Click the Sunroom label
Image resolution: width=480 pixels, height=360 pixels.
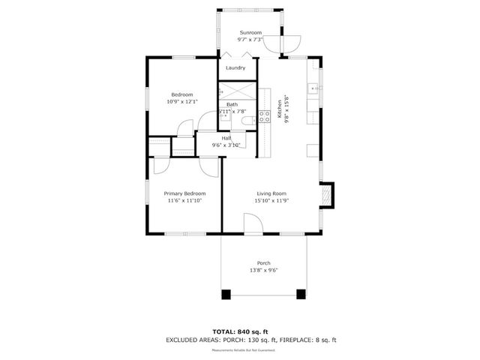(250, 33)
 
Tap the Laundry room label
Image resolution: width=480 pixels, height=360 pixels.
(235, 68)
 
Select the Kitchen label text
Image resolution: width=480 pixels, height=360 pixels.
(279, 110)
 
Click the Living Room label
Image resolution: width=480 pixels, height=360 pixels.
(271, 193)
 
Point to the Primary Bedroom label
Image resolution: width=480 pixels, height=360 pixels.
(184, 193)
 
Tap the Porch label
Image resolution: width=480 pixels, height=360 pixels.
(264, 263)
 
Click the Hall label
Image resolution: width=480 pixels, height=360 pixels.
(226, 138)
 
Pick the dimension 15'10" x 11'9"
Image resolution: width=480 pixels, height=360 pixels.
(271, 200)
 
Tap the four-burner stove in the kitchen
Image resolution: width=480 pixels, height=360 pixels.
(264, 116)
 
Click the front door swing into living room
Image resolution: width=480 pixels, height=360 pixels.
(253, 223)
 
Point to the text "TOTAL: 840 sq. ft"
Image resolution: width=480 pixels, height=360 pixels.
(240, 331)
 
